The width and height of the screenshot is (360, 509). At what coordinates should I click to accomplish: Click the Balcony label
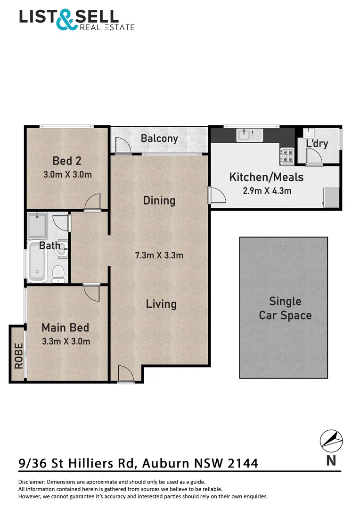click(159, 139)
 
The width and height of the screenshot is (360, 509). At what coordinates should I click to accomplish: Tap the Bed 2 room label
click(67, 161)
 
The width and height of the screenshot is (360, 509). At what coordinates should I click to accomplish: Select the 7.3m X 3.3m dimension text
click(159, 256)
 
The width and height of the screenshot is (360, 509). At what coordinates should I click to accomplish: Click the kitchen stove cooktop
click(286, 155)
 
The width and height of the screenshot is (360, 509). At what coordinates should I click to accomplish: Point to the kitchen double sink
click(249, 135)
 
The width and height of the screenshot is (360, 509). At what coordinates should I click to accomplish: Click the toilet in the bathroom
click(58, 274)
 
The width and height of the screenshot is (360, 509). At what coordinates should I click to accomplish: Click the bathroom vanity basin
click(61, 249)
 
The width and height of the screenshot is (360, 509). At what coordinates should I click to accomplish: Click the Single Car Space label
click(285, 308)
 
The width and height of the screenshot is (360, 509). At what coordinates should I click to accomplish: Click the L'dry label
click(317, 143)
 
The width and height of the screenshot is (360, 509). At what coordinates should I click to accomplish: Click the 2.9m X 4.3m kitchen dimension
click(267, 191)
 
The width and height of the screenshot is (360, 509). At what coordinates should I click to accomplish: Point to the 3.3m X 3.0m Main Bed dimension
click(65, 341)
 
